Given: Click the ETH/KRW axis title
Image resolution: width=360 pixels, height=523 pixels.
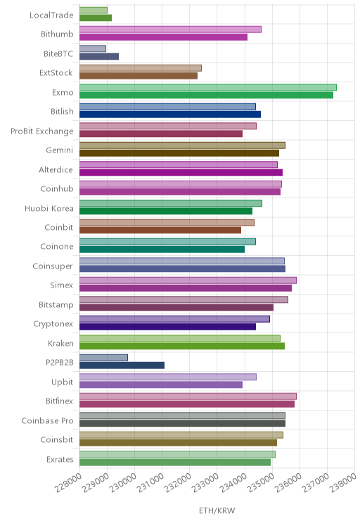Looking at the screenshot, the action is (217, 510).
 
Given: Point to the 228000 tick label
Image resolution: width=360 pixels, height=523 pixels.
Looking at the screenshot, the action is (68, 482).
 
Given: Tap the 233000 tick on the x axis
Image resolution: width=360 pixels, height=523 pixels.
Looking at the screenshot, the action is (205, 482).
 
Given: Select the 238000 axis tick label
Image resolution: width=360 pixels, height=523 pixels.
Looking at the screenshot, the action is (343, 482).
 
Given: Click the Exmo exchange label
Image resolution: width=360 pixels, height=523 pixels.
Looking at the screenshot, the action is (63, 92).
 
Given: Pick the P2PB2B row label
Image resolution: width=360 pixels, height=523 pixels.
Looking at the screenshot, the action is (59, 362).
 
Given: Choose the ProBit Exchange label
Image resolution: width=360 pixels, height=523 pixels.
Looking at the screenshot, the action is (41, 131).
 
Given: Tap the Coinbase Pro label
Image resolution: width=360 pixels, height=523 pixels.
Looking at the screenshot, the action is (47, 420).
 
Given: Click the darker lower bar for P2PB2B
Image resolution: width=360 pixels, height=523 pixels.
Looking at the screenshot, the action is (122, 366).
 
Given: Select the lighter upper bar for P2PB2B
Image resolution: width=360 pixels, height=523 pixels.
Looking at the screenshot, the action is (103, 358).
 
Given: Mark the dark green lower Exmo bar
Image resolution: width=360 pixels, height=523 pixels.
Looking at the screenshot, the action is (206, 95).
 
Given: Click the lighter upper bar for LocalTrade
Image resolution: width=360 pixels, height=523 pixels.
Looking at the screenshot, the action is (94, 10).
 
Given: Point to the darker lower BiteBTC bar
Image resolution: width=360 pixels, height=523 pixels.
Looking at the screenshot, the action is (99, 56).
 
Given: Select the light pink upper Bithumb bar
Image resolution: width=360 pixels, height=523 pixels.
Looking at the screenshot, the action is (170, 30).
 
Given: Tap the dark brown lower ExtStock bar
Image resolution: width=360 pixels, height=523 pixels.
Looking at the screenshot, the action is (139, 76).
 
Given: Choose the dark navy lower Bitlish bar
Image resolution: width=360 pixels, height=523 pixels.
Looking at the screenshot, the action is (170, 115).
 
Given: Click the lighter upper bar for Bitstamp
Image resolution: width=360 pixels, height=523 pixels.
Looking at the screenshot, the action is (184, 299).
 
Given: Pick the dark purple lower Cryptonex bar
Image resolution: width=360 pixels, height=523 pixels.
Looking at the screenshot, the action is (167, 327).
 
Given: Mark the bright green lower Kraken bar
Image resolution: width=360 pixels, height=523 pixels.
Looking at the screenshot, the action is (182, 346).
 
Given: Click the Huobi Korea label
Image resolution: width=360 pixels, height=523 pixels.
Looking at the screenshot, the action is (49, 209).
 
